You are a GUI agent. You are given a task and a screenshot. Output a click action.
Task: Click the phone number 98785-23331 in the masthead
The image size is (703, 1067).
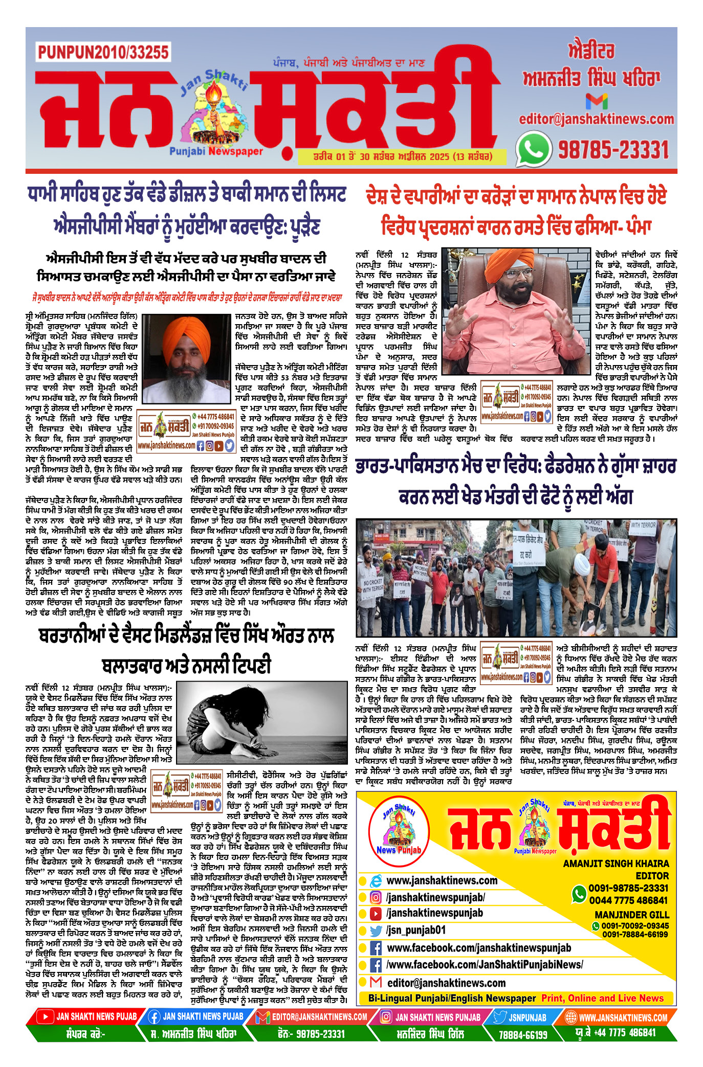coord(613,150)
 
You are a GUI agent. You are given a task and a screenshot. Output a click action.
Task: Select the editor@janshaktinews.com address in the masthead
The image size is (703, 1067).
coord(596,119)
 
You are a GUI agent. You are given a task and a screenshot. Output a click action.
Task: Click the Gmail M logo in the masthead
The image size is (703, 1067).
coord(596,101)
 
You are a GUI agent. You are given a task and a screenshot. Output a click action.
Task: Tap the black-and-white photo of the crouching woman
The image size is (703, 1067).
coord(261,721)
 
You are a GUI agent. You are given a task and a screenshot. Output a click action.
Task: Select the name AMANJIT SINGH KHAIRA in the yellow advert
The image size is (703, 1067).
coord(616,864)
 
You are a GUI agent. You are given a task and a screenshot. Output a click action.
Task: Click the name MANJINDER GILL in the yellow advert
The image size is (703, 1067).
coord(631,915)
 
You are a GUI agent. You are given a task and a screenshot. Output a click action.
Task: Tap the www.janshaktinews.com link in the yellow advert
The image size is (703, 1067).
coord(442,880)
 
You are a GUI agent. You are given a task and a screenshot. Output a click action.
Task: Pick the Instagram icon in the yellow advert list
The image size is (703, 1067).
coord(376,897)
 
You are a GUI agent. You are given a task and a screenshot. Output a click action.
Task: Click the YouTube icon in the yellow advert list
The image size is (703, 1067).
coord(376,914)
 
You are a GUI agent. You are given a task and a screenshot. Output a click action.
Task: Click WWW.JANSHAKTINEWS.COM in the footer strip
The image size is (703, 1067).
coord(623,1017)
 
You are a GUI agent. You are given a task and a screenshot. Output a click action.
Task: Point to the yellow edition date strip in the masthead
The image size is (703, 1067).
coord(403,156)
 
